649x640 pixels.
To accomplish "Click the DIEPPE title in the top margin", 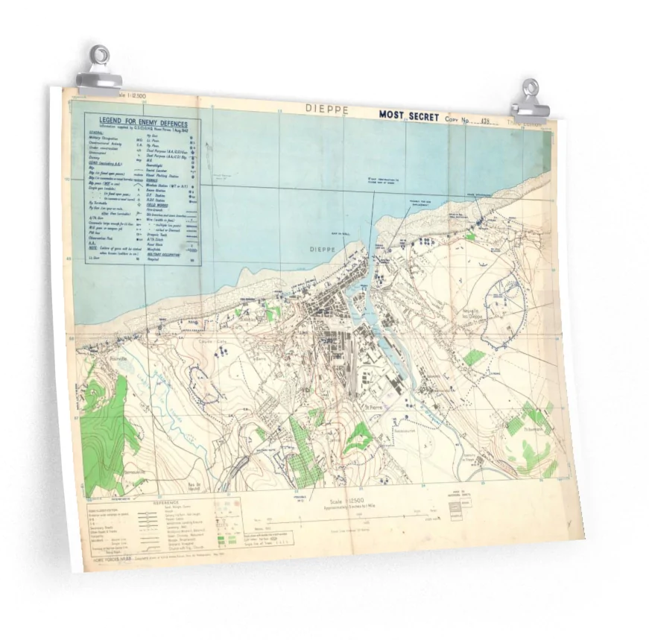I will (326, 108).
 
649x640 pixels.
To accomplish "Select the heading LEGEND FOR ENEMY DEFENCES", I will (144, 123).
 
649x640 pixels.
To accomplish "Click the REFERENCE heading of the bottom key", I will (165, 503).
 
